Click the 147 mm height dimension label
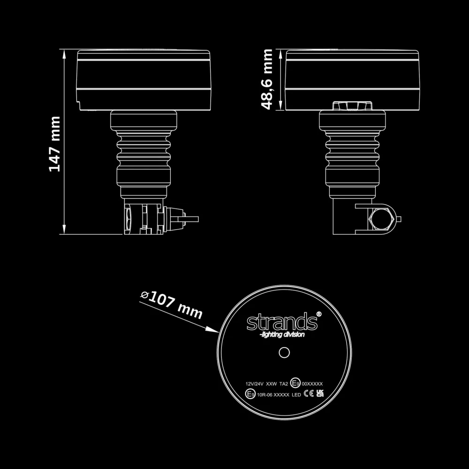tap(55, 144)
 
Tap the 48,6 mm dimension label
tap(267, 79)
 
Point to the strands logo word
tap(281, 322)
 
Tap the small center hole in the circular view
tap(284, 352)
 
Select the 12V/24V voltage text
tap(254, 384)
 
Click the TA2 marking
tap(284, 384)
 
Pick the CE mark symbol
tap(309, 393)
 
